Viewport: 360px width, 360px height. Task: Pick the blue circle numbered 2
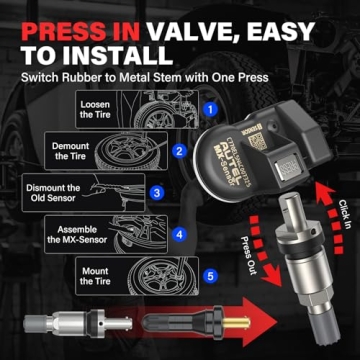178,151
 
